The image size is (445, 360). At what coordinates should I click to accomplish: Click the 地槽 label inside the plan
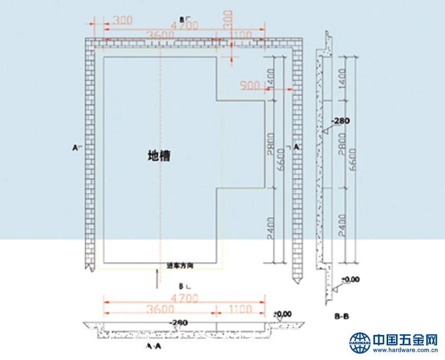coord(159,156)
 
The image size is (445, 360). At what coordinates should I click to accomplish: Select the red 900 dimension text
coord(250,85)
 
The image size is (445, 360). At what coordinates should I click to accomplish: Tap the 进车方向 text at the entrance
coord(179,266)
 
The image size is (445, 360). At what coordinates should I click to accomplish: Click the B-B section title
coord(342,317)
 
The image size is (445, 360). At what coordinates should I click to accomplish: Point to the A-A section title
coord(154,346)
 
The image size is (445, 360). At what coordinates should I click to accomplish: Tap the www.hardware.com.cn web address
coord(404,351)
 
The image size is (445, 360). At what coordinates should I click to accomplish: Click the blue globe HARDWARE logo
coord(360,343)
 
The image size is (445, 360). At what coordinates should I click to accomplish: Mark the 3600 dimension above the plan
coord(159,36)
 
